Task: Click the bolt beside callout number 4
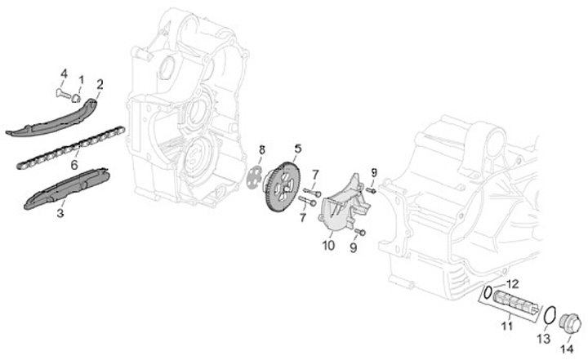coord(62,95)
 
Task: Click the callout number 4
coord(63,74)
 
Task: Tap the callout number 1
coord(81,80)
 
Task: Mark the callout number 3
coord(60,215)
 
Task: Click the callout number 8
coord(261,149)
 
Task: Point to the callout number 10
coord(328,244)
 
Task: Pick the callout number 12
coord(513,283)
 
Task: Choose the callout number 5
coord(298,149)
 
